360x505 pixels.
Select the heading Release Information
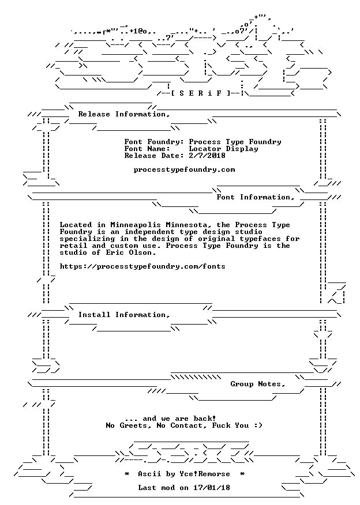(x=124, y=114)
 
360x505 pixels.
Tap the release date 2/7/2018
(x=207, y=156)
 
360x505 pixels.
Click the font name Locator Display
(x=223, y=149)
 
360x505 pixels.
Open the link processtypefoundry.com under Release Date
(x=185, y=169)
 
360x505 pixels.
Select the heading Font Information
(x=256, y=197)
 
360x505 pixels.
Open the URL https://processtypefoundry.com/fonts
(x=142, y=267)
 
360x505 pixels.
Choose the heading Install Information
(x=124, y=315)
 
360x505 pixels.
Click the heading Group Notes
(x=258, y=384)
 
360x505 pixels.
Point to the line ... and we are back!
(x=170, y=419)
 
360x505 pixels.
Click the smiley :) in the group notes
(x=258, y=425)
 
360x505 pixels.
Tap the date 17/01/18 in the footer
(x=212, y=488)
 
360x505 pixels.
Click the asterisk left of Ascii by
(x=127, y=474)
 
